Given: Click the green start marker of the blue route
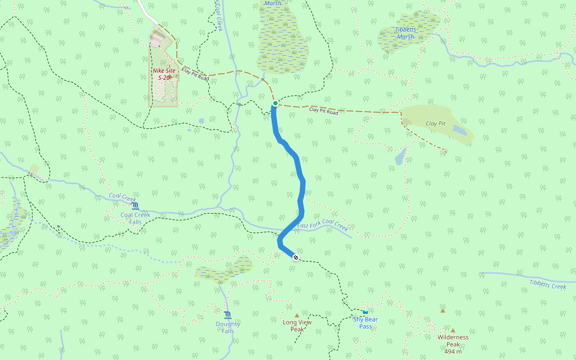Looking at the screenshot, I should point(275,104).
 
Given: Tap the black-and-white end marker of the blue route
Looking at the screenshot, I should point(295,258).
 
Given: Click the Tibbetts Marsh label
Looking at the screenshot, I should point(405,33).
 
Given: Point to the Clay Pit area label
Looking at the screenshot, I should point(436,123).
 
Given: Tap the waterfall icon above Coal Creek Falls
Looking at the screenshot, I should point(134,206).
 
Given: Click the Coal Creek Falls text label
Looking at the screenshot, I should point(135,218).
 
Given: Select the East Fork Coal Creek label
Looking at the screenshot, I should point(322,226).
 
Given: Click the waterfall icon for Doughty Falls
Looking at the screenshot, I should point(227,315).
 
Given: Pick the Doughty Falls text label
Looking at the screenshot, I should point(227,327).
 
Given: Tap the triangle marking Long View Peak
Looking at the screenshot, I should point(296,315).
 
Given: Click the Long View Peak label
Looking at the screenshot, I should point(297,325).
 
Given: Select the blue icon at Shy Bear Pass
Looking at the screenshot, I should point(365,311).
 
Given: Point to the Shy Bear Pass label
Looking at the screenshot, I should point(365,322).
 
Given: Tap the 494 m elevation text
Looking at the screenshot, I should point(453,351).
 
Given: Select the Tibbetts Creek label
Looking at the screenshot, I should point(547,285).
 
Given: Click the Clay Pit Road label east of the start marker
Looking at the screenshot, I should point(323,111).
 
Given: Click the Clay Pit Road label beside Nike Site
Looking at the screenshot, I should point(195,74).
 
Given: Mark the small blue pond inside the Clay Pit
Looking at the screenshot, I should point(458,129).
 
